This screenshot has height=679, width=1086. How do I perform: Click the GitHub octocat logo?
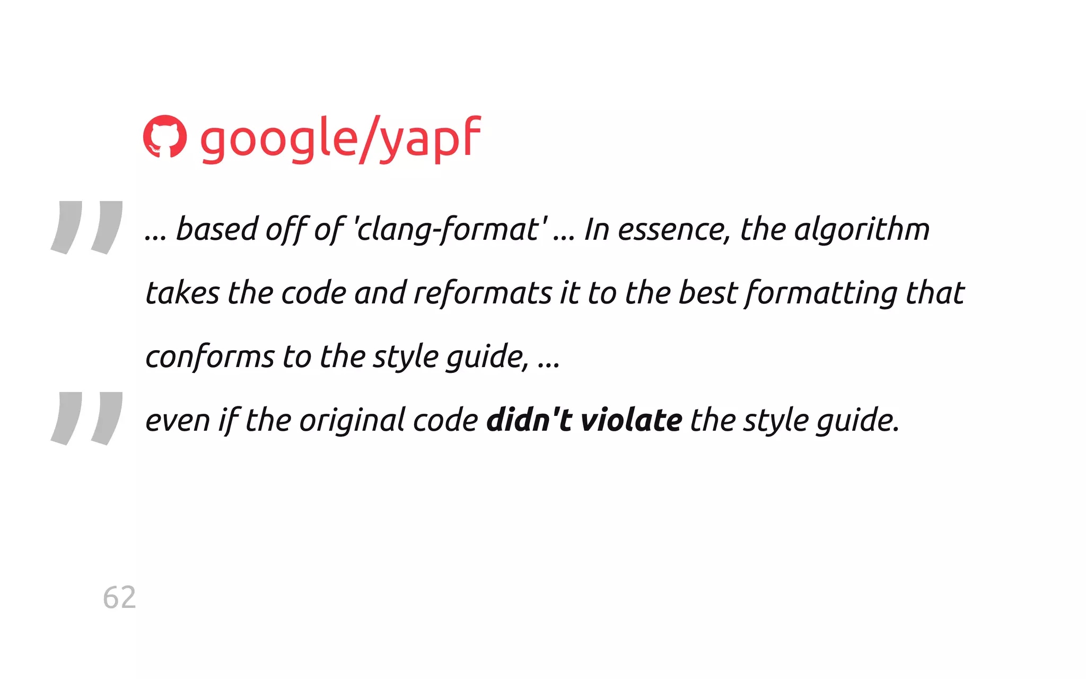point(165,136)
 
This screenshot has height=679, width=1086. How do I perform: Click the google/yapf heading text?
point(340,139)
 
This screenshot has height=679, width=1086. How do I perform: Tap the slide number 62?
point(119,597)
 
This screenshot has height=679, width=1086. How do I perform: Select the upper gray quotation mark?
point(87,227)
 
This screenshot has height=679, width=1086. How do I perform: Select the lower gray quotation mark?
point(87,418)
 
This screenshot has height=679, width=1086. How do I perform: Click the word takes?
point(182,293)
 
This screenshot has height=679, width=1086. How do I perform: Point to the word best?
point(708,293)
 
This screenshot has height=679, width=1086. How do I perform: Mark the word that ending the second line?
point(935,293)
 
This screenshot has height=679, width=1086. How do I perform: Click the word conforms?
point(210,357)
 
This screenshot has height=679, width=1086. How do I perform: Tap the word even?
point(178,421)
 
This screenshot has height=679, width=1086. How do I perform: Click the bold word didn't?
point(529,421)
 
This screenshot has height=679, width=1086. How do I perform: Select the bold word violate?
point(632,421)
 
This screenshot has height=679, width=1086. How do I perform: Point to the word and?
point(380,293)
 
